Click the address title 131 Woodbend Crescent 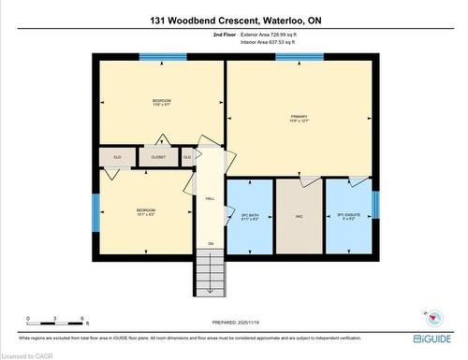click(x=233, y=19)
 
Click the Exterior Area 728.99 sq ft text click(x=273, y=34)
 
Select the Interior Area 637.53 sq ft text click(x=273, y=41)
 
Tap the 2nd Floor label click(x=226, y=34)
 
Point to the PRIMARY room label click(x=300, y=118)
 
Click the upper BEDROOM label click(x=162, y=102)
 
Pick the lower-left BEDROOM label click(x=145, y=211)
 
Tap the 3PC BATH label click(x=249, y=217)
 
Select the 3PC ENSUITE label click(x=347, y=217)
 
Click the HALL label click(x=211, y=198)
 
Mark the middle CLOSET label click(x=158, y=157)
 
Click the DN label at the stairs click(x=211, y=244)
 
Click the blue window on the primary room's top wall click(x=300, y=57)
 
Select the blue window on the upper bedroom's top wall click(x=162, y=57)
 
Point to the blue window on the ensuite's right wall click(x=375, y=204)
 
